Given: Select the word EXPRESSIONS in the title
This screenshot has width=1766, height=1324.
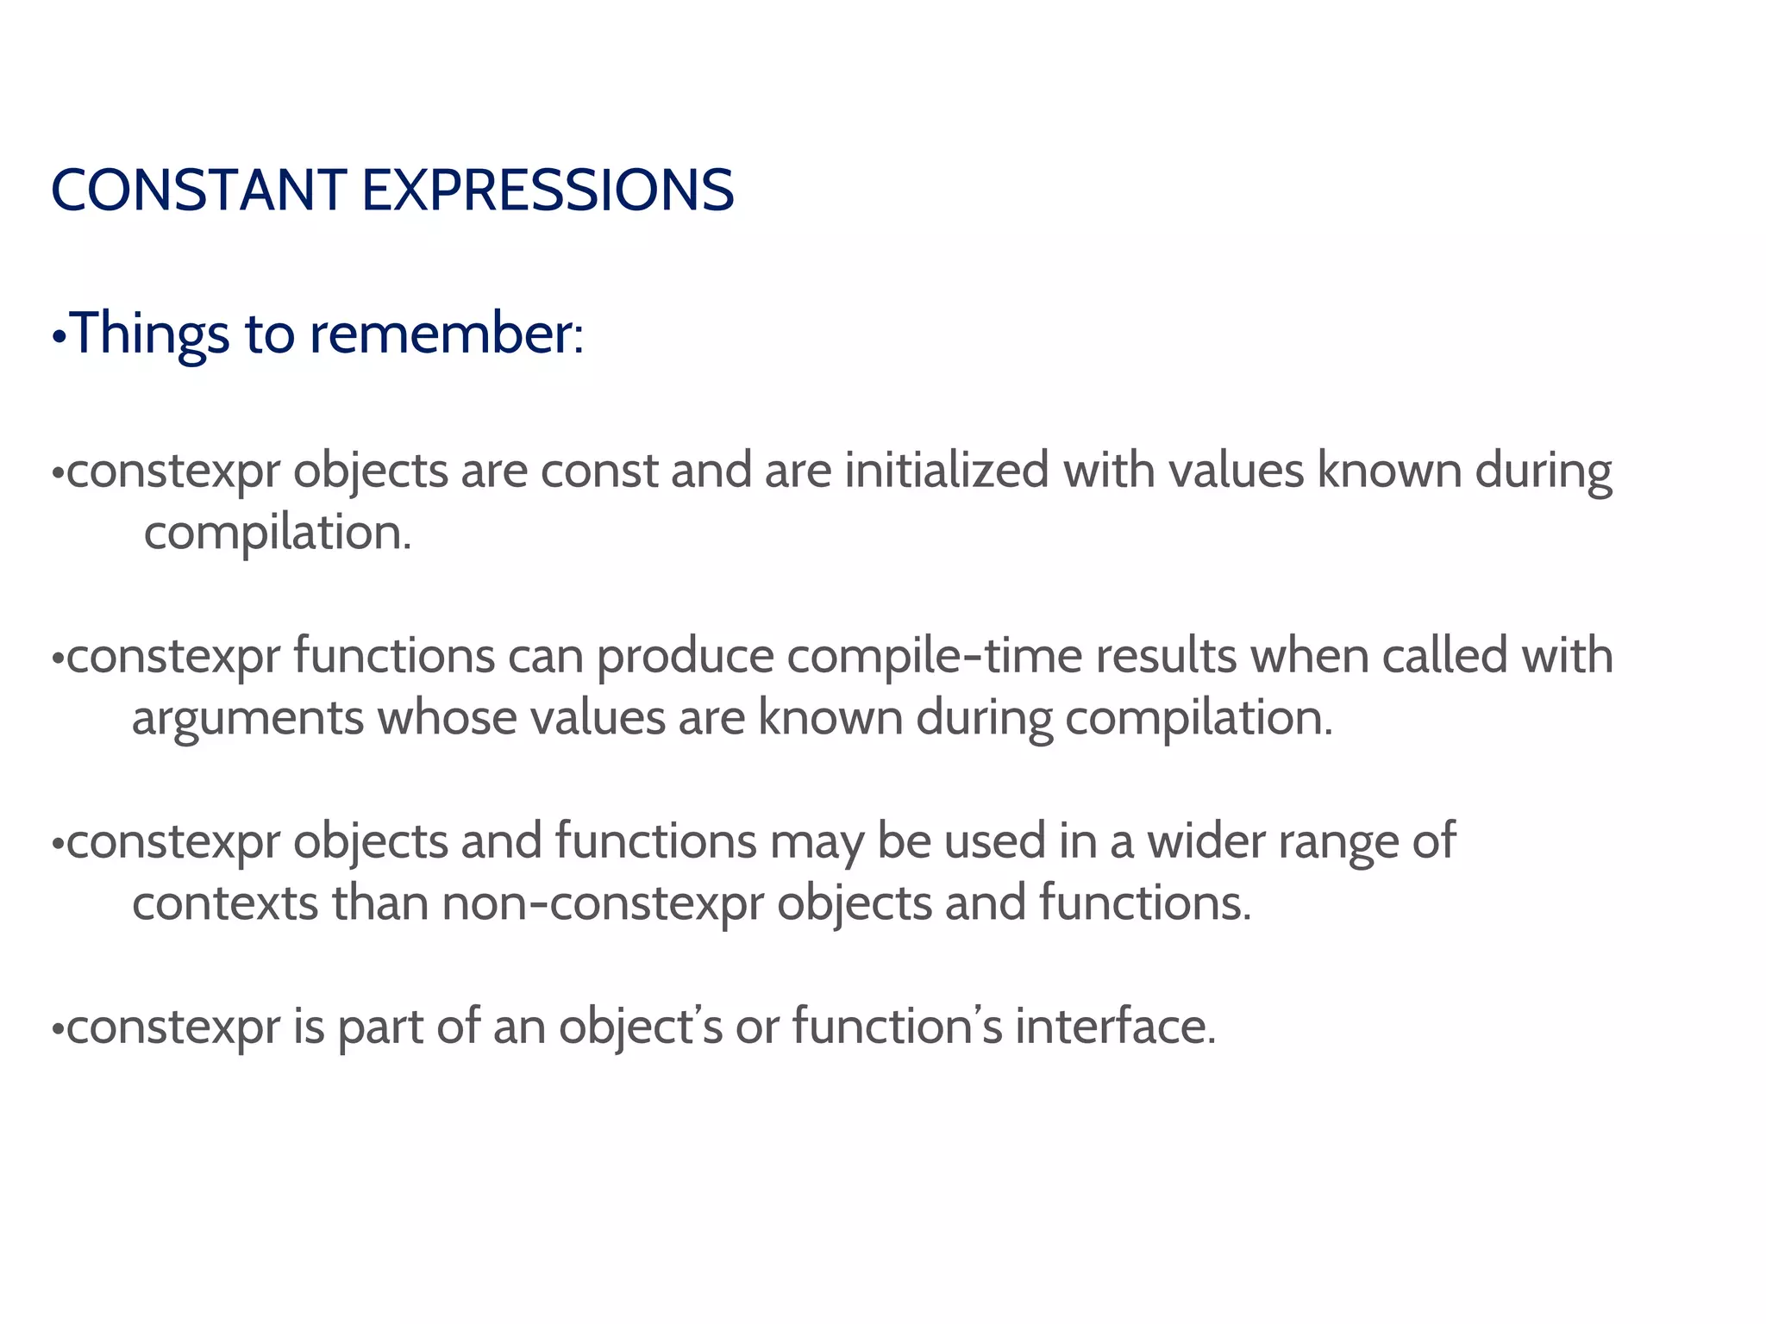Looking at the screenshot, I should [x=548, y=190].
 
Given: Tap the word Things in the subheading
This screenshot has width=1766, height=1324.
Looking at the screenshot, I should [x=150, y=334].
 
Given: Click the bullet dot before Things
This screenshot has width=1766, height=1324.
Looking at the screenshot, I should [x=59, y=337].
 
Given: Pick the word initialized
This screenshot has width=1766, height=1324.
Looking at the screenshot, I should [x=946, y=472].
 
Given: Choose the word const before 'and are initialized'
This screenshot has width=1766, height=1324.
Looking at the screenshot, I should [x=599, y=472].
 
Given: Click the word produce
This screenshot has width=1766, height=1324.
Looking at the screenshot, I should [x=686, y=657].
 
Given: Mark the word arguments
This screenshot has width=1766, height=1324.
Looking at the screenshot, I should [x=247, y=719].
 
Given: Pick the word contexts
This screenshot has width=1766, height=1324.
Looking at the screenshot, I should [x=225, y=903].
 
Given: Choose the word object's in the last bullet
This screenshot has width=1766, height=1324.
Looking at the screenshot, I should [x=641, y=1027].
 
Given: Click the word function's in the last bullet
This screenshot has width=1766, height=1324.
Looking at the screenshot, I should [x=898, y=1027].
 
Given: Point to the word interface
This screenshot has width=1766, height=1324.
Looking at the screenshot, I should [x=1115, y=1027].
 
